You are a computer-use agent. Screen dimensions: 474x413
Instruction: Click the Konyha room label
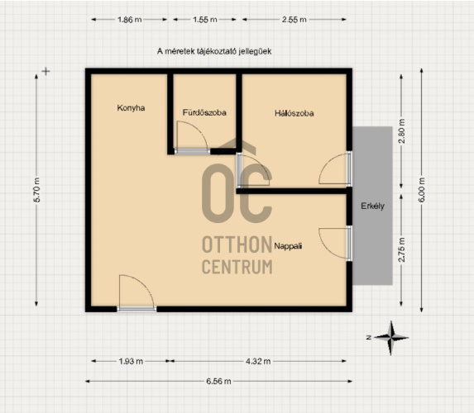[131, 107]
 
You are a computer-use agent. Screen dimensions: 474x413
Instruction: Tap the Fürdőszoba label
[204, 112]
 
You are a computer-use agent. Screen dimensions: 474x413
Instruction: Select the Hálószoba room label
[294, 113]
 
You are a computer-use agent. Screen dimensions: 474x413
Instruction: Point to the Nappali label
[288, 246]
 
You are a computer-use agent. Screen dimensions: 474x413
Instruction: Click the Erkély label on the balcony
[373, 206]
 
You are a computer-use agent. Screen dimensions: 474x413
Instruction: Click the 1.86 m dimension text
[129, 20]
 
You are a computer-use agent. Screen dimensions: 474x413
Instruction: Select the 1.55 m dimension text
[205, 20]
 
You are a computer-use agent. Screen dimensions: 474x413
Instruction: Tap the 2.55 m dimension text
[294, 20]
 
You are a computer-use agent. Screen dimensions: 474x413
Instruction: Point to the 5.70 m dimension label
[36, 190]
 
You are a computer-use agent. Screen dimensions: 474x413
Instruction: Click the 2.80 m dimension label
[401, 131]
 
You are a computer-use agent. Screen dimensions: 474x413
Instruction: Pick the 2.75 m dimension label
[401, 249]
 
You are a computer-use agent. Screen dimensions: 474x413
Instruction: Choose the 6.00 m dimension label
[422, 190]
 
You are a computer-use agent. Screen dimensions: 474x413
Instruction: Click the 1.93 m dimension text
[131, 361]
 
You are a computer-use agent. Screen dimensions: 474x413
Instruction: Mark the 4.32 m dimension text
[258, 361]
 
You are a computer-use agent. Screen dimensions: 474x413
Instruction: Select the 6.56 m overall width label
[218, 382]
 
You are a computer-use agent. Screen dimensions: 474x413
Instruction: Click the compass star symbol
[391, 338]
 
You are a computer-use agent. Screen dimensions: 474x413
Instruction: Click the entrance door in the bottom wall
[136, 309]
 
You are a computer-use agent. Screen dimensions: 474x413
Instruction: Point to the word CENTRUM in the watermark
[237, 267]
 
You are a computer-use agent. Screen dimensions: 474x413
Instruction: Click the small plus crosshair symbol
[45, 72]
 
